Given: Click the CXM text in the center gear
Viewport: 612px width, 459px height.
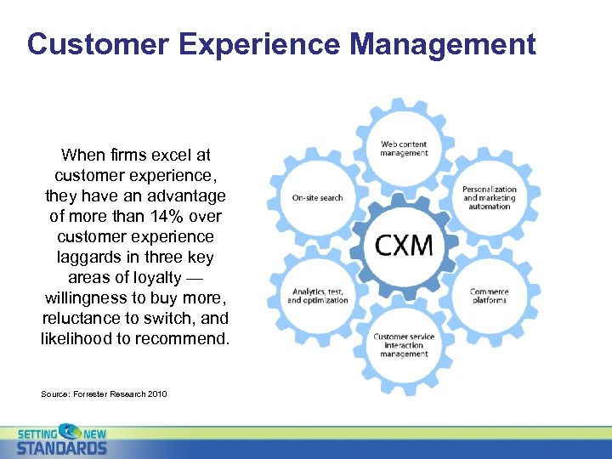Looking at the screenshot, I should pyautogui.click(x=404, y=245).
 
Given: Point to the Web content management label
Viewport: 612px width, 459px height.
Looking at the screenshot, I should pyautogui.click(x=404, y=149).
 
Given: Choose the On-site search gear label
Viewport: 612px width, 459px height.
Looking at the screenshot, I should pyautogui.click(x=317, y=198).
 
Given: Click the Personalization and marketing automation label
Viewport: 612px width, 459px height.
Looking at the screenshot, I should pyautogui.click(x=489, y=197).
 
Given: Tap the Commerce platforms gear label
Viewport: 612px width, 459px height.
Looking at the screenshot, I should pyautogui.click(x=489, y=296).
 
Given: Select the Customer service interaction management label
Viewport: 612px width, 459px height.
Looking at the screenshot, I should pyautogui.click(x=404, y=345).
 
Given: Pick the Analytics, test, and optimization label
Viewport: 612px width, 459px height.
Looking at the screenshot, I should pyautogui.click(x=318, y=296).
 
